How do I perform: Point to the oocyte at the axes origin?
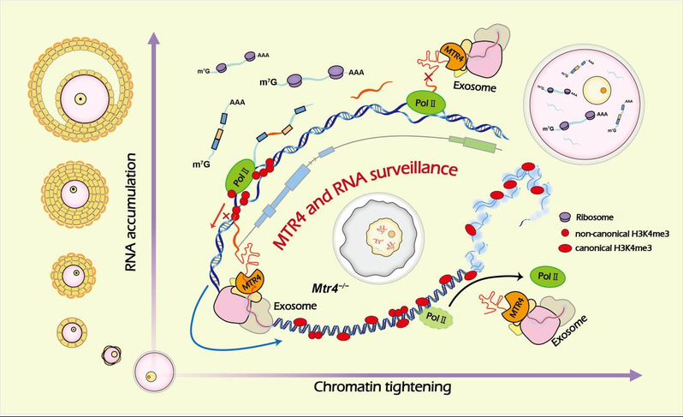click(151, 372)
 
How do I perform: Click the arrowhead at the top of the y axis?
click(151, 36)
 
